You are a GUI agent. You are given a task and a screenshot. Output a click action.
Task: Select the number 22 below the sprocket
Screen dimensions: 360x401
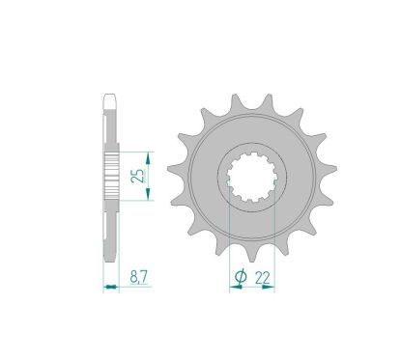pyautogui.click(x=264, y=278)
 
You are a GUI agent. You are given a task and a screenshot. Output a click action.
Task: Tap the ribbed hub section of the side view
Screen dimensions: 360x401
pyautogui.click(x=111, y=177)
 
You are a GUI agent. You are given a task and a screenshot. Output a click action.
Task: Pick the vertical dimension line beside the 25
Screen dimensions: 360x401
pyautogui.click(x=148, y=176)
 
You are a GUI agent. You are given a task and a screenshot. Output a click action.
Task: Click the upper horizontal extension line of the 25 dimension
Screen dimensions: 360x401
pyautogui.click(x=135, y=151)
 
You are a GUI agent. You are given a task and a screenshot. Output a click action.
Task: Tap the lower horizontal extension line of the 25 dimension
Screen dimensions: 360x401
pyautogui.click(x=135, y=202)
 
